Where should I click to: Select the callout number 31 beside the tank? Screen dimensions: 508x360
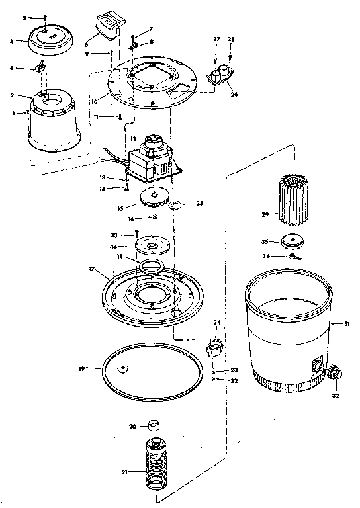click(x=345, y=323)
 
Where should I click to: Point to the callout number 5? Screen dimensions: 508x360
click(x=24, y=17)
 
